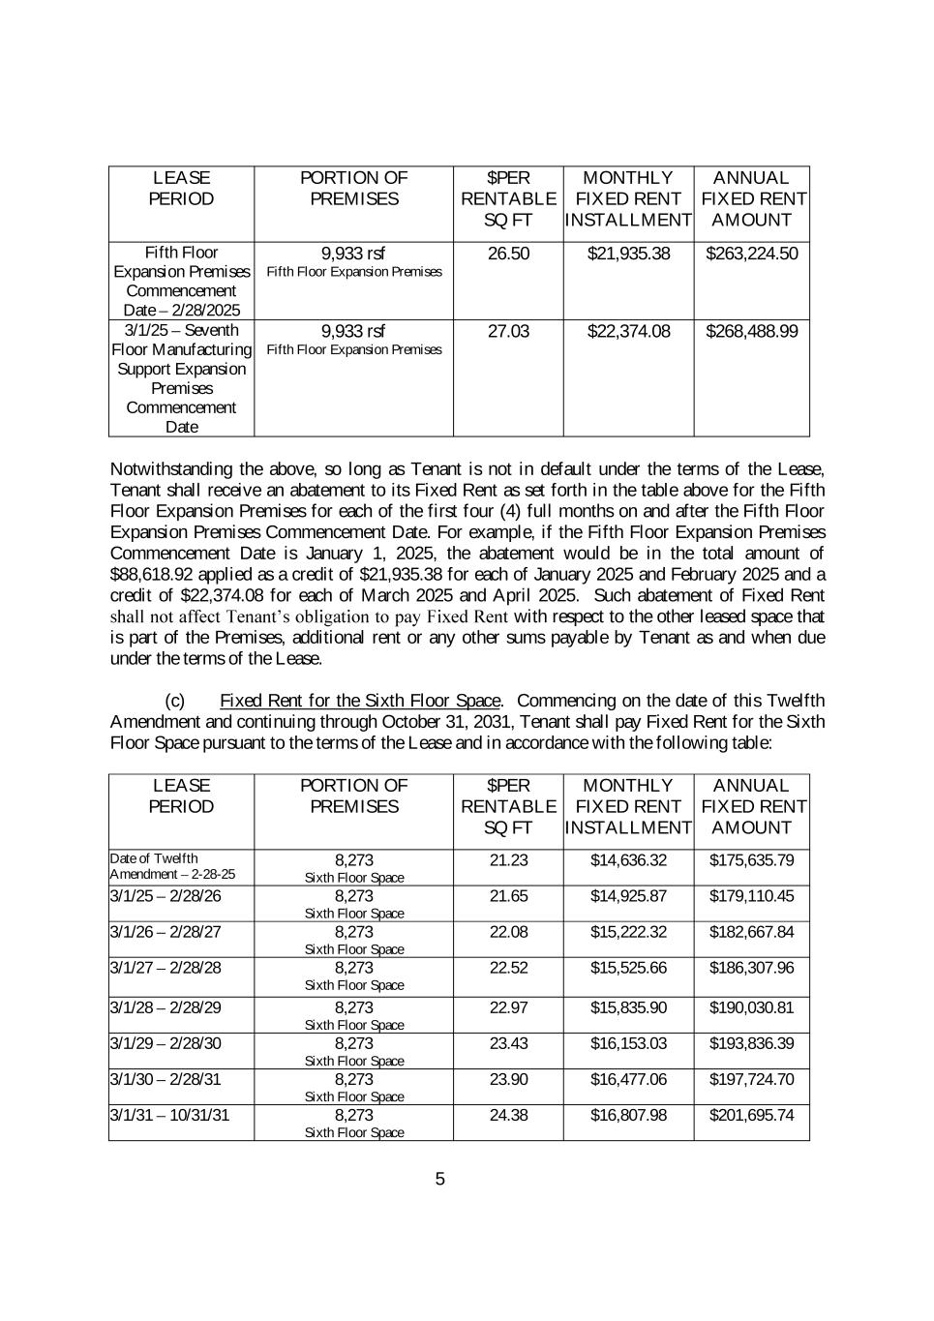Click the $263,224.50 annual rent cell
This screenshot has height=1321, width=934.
pyautogui.click(x=751, y=254)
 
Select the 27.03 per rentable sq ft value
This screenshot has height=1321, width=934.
pyautogui.click(x=508, y=331)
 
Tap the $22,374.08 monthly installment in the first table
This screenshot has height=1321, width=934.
pyautogui.click(x=628, y=331)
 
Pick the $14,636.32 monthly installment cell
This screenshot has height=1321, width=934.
pyautogui.click(x=628, y=860)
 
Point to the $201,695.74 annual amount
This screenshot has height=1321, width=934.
pyautogui.click(x=751, y=1115)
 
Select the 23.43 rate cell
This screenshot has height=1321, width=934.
pyautogui.click(x=508, y=1043)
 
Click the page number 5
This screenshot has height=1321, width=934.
pyautogui.click(x=440, y=1179)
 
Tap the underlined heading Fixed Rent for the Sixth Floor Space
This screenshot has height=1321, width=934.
pyautogui.click(x=360, y=701)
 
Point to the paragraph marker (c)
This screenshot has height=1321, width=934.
pyautogui.click(x=175, y=701)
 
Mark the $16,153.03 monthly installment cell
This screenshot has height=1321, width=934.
pyautogui.click(x=628, y=1043)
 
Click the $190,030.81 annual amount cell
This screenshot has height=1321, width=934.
pyautogui.click(x=751, y=1007)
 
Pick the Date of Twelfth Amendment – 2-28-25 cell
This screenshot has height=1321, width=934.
pyautogui.click(x=172, y=866)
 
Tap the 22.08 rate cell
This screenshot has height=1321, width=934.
pyautogui.click(x=508, y=932)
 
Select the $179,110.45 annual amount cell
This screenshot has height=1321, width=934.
pyautogui.click(x=751, y=896)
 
